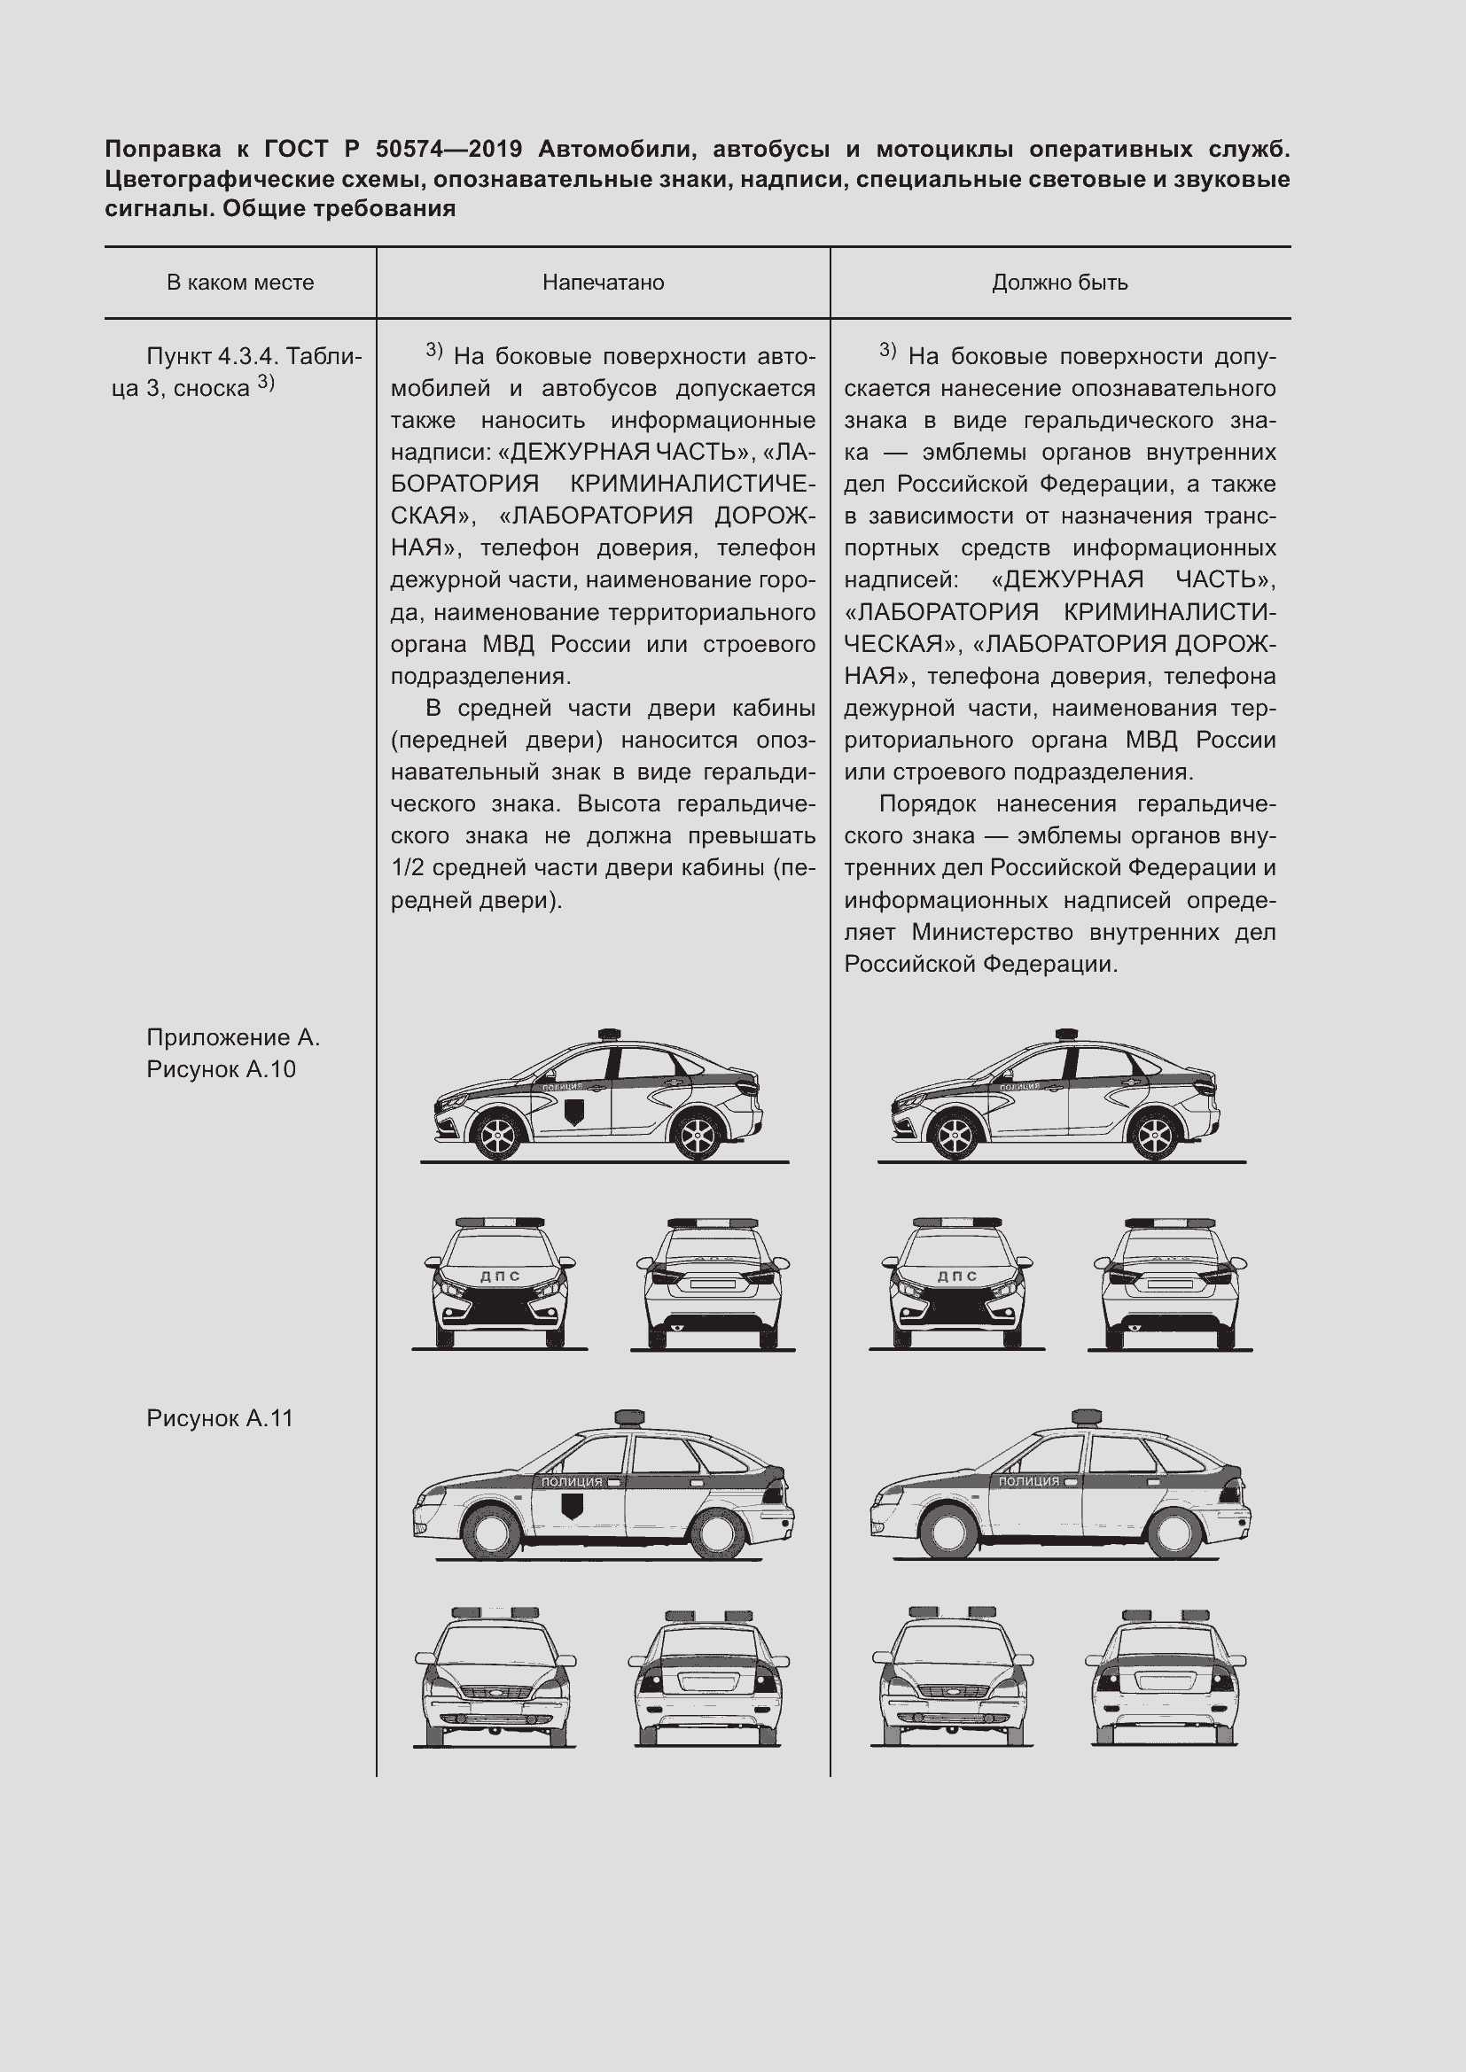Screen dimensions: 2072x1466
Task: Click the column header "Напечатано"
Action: tap(603, 283)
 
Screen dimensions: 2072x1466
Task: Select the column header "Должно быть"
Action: tap(1060, 283)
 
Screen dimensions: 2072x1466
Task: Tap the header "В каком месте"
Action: tap(240, 283)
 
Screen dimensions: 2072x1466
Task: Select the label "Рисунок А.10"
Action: tap(222, 1069)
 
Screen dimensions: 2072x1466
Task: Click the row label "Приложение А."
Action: tap(233, 1038)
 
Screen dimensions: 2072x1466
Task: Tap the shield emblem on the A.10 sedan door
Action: tap(573, 1111)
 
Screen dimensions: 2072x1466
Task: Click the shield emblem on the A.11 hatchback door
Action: tap(571, 1505)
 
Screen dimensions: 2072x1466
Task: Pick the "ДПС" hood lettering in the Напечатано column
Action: tap(500, 1276)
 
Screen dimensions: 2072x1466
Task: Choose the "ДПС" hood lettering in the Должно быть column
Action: tap(958, 1276)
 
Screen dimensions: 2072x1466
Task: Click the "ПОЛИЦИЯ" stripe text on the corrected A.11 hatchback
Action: tap(1029, 1481)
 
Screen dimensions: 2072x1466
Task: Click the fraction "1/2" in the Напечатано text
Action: tap(408, 868)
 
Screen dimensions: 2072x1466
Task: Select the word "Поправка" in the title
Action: tap(163, 149)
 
